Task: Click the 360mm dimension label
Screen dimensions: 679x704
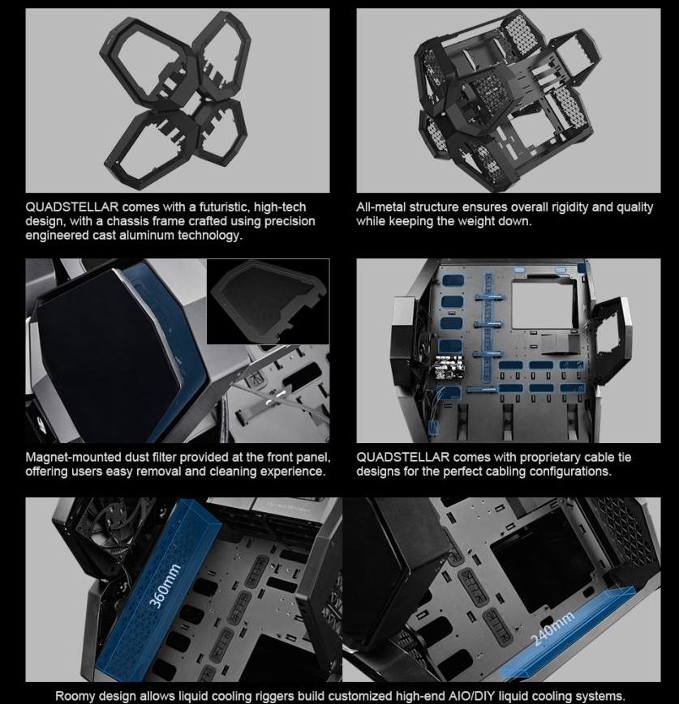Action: pos(165,586)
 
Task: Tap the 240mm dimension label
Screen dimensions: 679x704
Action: pos(553,629)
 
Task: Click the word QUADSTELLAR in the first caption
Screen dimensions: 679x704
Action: pos(72,207)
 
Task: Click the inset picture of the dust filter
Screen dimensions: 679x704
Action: pos(268,301)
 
